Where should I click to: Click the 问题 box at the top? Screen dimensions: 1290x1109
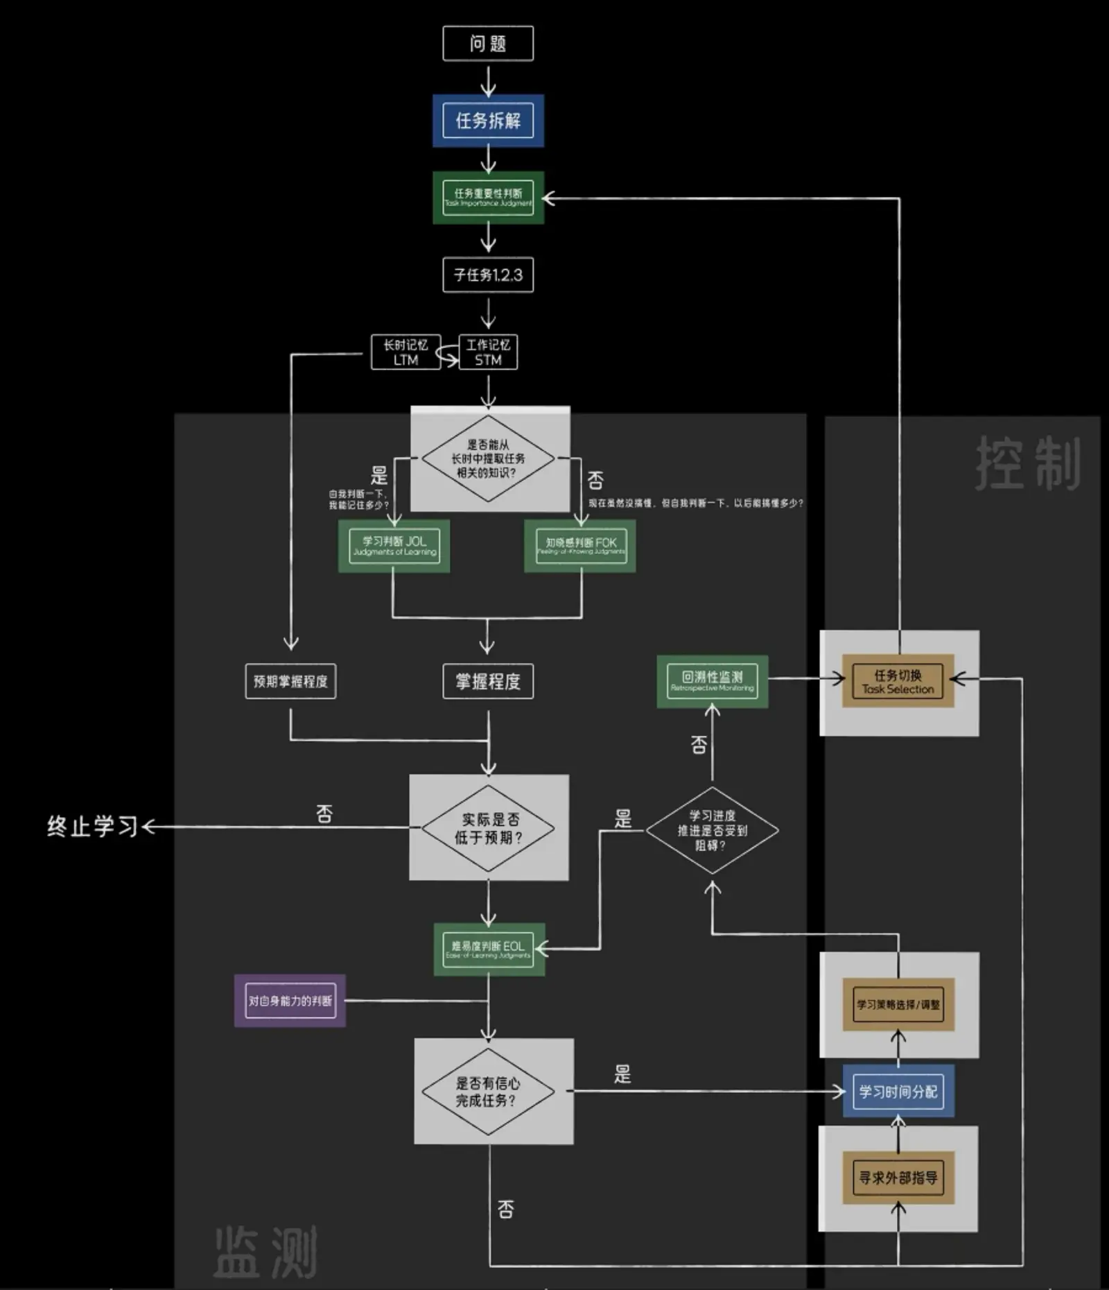488,44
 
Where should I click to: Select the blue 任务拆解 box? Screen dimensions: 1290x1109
488,121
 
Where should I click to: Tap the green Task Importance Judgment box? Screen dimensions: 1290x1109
488,198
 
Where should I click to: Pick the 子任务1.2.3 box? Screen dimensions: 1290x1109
488,275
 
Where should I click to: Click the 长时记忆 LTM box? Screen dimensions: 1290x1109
405,352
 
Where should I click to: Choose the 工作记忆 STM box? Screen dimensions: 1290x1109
488,352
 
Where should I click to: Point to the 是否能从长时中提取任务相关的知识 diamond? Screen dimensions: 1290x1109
488,458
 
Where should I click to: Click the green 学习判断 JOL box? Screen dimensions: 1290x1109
394,546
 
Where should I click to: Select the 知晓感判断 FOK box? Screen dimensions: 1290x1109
580,546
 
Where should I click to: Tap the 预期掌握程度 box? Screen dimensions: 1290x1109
290,681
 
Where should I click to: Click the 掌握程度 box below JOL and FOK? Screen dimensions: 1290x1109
488,681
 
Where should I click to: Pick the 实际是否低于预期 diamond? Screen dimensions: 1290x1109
488,828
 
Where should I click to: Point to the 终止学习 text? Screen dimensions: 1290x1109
92,827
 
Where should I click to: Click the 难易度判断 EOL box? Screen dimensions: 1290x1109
488,949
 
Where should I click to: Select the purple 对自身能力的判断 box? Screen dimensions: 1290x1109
290,1001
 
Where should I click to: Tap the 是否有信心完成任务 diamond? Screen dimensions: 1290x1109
488,1092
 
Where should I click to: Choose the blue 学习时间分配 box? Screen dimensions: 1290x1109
898,1092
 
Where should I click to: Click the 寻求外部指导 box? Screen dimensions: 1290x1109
898,1178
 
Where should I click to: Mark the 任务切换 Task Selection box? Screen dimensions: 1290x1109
898,681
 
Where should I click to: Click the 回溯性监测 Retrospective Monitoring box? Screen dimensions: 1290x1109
712,681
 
